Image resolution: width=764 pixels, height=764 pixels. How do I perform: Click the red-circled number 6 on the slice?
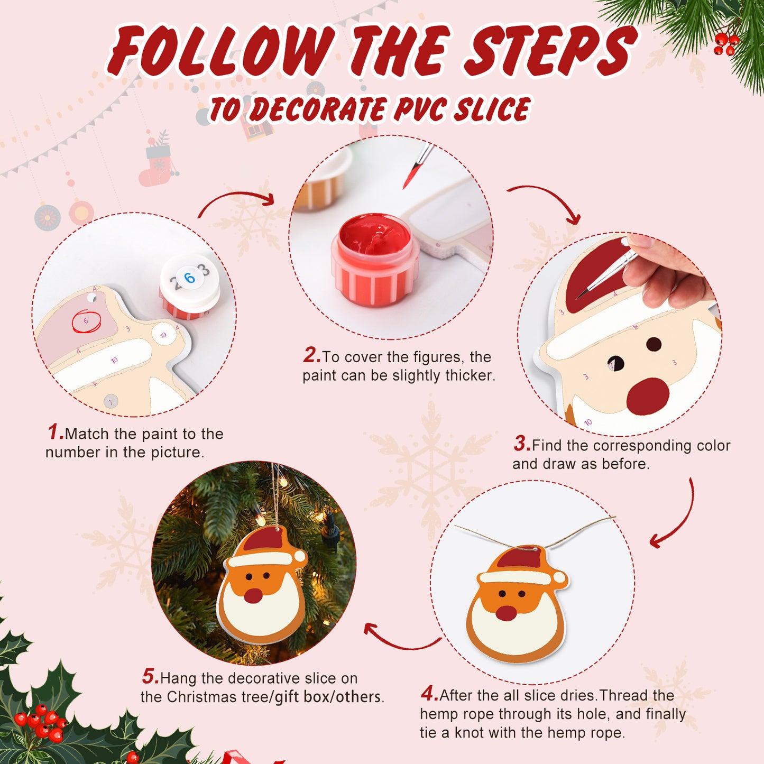coord(86,321)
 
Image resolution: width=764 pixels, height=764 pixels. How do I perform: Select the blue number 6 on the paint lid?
coord(189,278)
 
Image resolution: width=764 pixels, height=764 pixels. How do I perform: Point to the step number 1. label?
coord(56,432)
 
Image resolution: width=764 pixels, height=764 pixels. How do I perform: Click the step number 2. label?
coord(312,355)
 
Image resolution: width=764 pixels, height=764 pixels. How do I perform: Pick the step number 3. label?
coord(522,444)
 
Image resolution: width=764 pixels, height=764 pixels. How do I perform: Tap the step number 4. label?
coord(429,694)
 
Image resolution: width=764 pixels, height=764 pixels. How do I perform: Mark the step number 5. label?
coord(150,677)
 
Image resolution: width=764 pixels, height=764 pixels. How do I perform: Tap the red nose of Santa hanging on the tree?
coord(253,595)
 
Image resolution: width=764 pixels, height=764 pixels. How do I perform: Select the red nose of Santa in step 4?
coord(506,613)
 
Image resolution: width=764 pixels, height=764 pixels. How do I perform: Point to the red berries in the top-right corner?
coord(725,44)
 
